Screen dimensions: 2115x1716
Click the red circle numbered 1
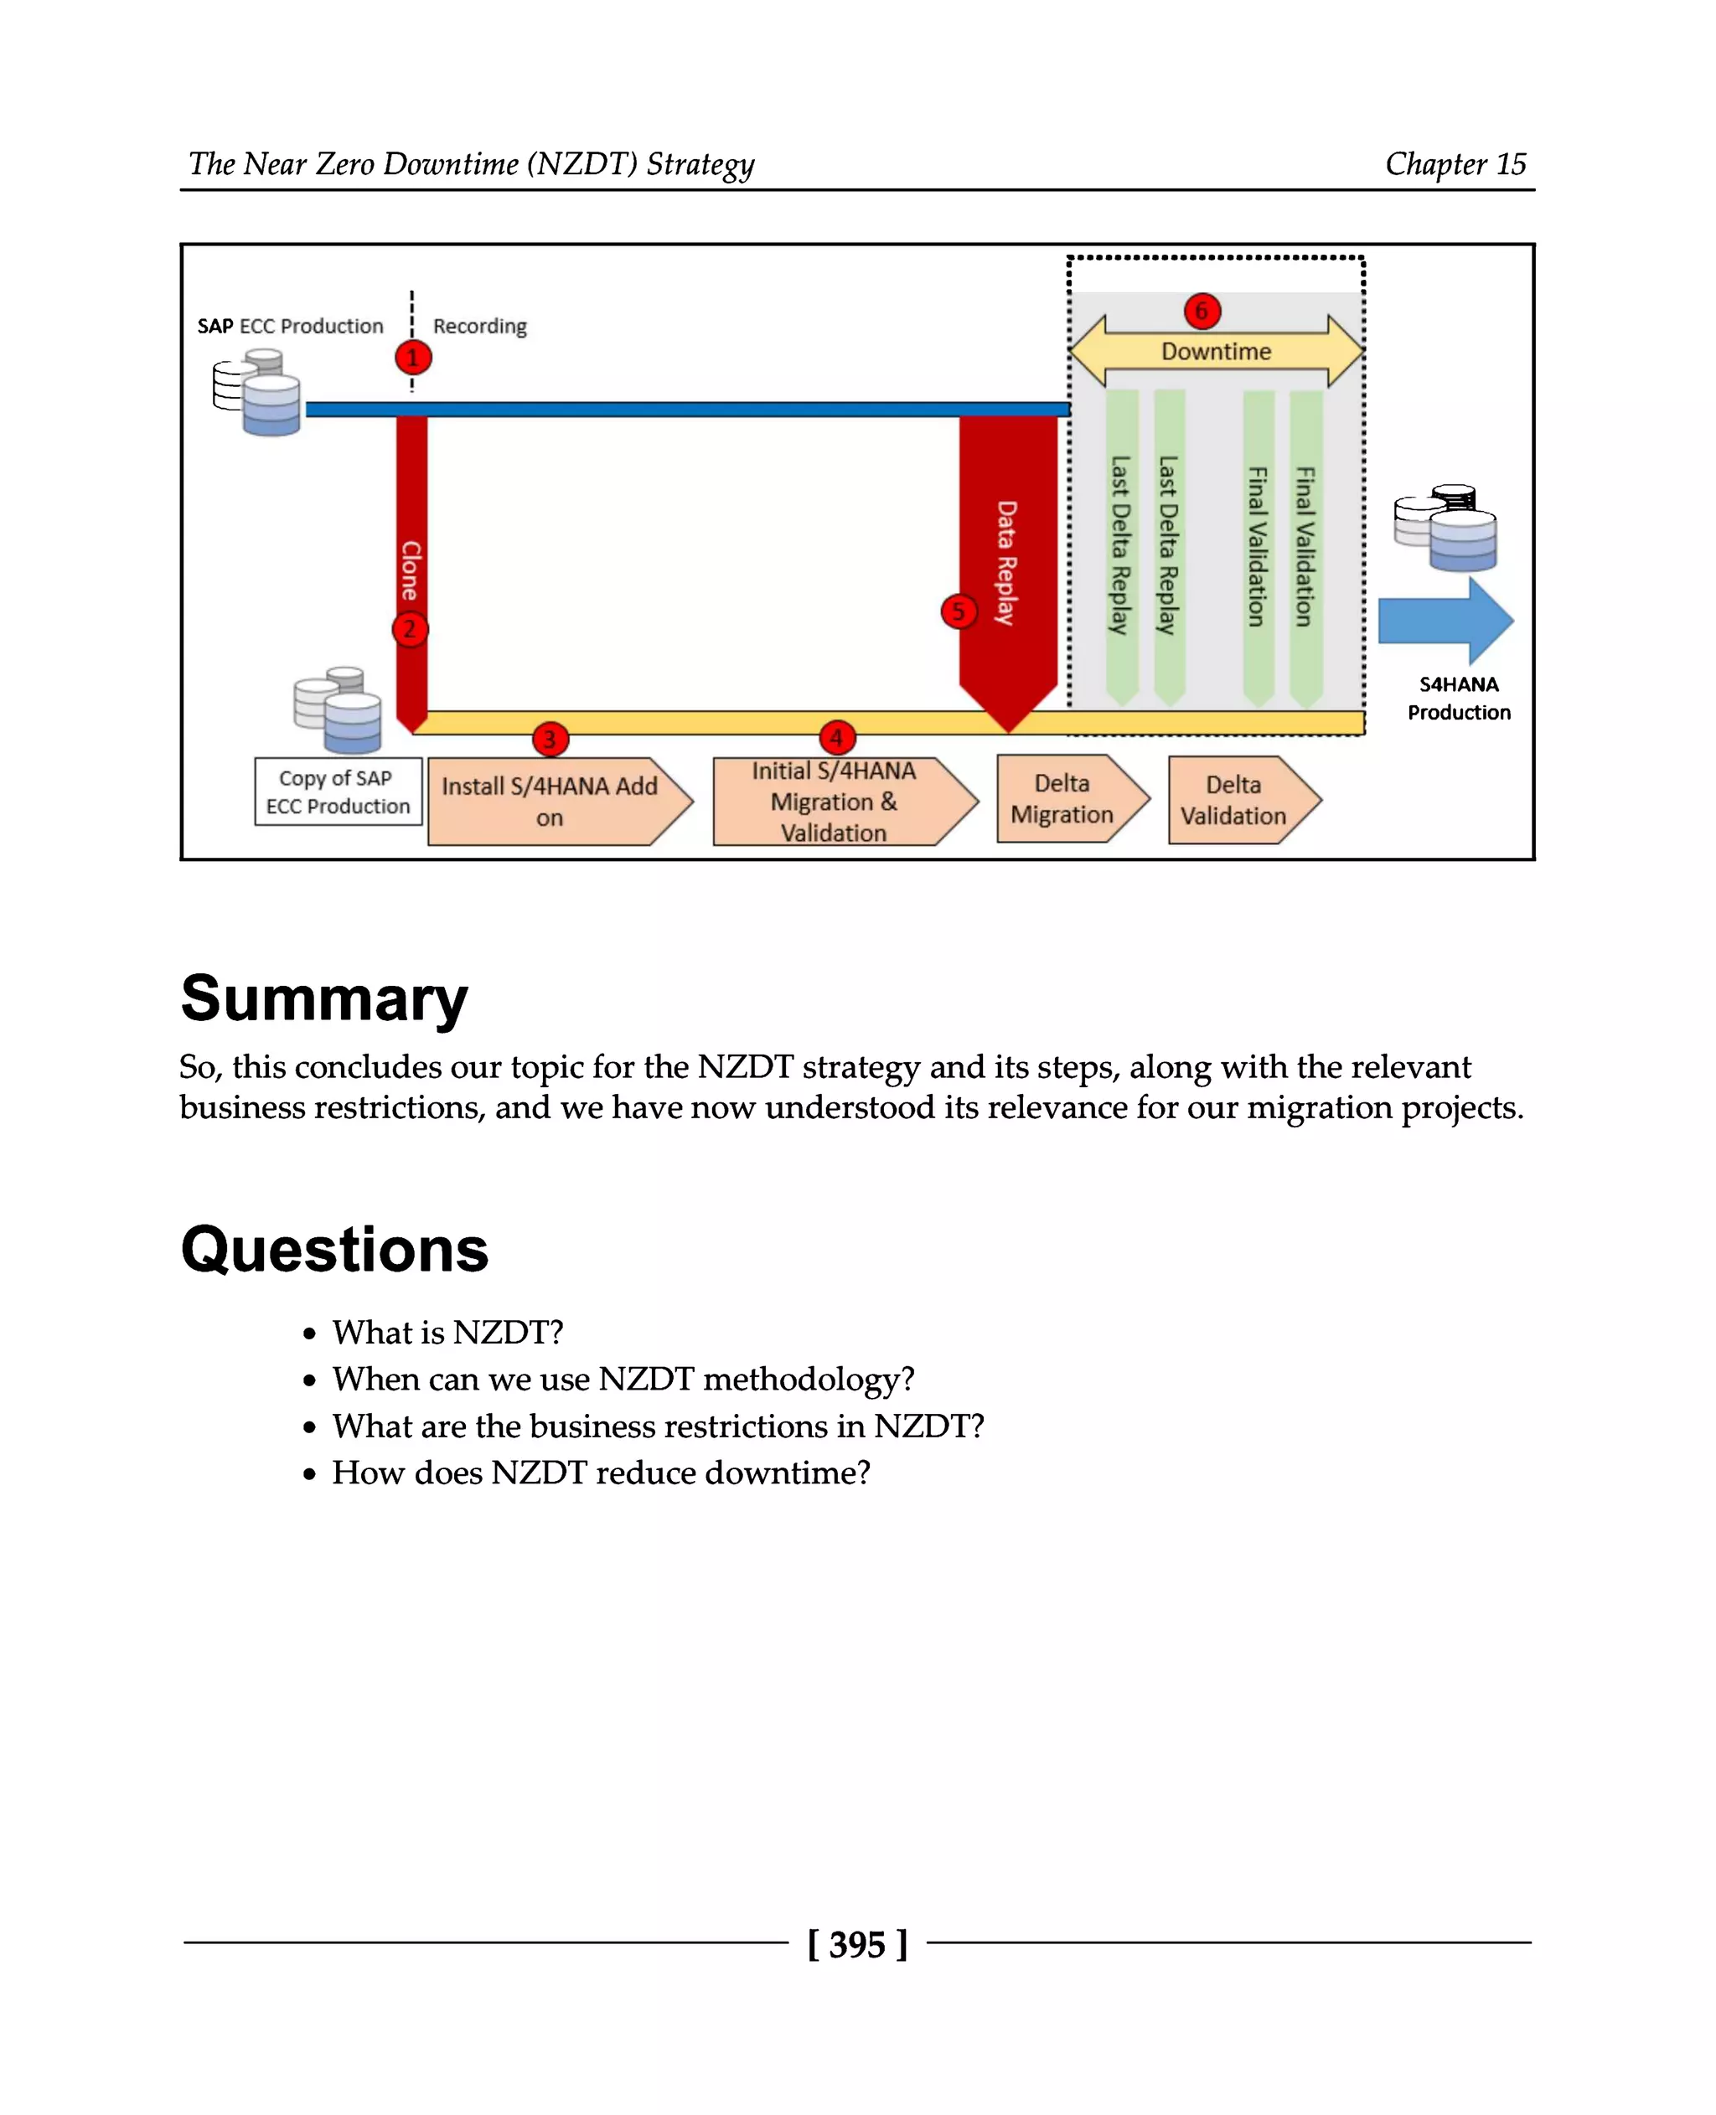click(x=413, y=357)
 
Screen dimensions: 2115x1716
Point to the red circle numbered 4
click(x=836, y=737)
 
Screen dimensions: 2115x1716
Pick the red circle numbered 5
click(x=958, y=611)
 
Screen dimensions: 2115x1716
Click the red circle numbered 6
click(x=1202, y=312)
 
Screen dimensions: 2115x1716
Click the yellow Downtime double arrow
click(x=1216, y=352)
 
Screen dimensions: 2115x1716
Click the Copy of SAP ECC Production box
click(x=338, y=792)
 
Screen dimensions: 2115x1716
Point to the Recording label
click(x=479, y=326)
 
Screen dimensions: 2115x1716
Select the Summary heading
click(x=324, y=998)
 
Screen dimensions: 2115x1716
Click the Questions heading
click(x=334, y=1249)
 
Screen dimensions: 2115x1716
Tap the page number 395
click(x=857, y=1944)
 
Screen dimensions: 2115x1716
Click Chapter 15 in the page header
click(x=1455, y=164)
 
